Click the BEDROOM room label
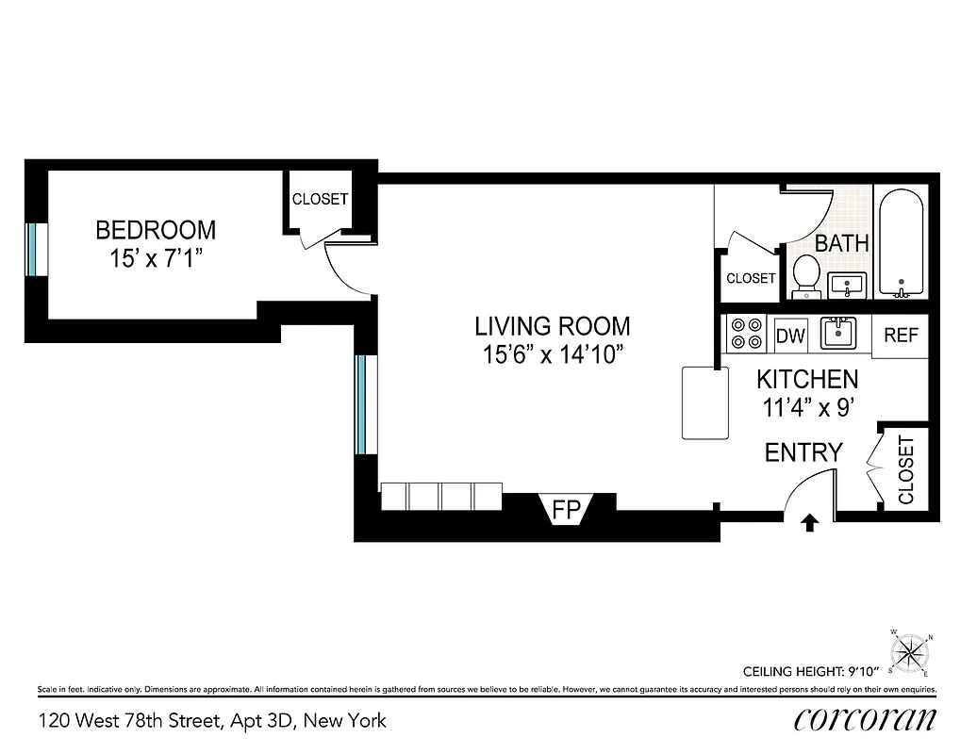[x=156, y=229]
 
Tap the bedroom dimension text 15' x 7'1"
[x=156, y=257]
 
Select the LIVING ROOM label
[x=552, y=327]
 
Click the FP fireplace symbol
[x=565, y=511]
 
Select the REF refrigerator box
[x=901, y=336]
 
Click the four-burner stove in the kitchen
[x=748, y=335]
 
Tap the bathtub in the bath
[x=902, y=242]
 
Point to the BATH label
[x=841, y=243]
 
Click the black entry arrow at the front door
[x=808, y=523]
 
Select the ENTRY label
[x=803, y=452]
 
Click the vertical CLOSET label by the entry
[x=906, y=470]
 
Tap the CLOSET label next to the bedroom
[x=320, y=200]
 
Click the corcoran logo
[x=865, y=720]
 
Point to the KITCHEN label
[x=807, y=380]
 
